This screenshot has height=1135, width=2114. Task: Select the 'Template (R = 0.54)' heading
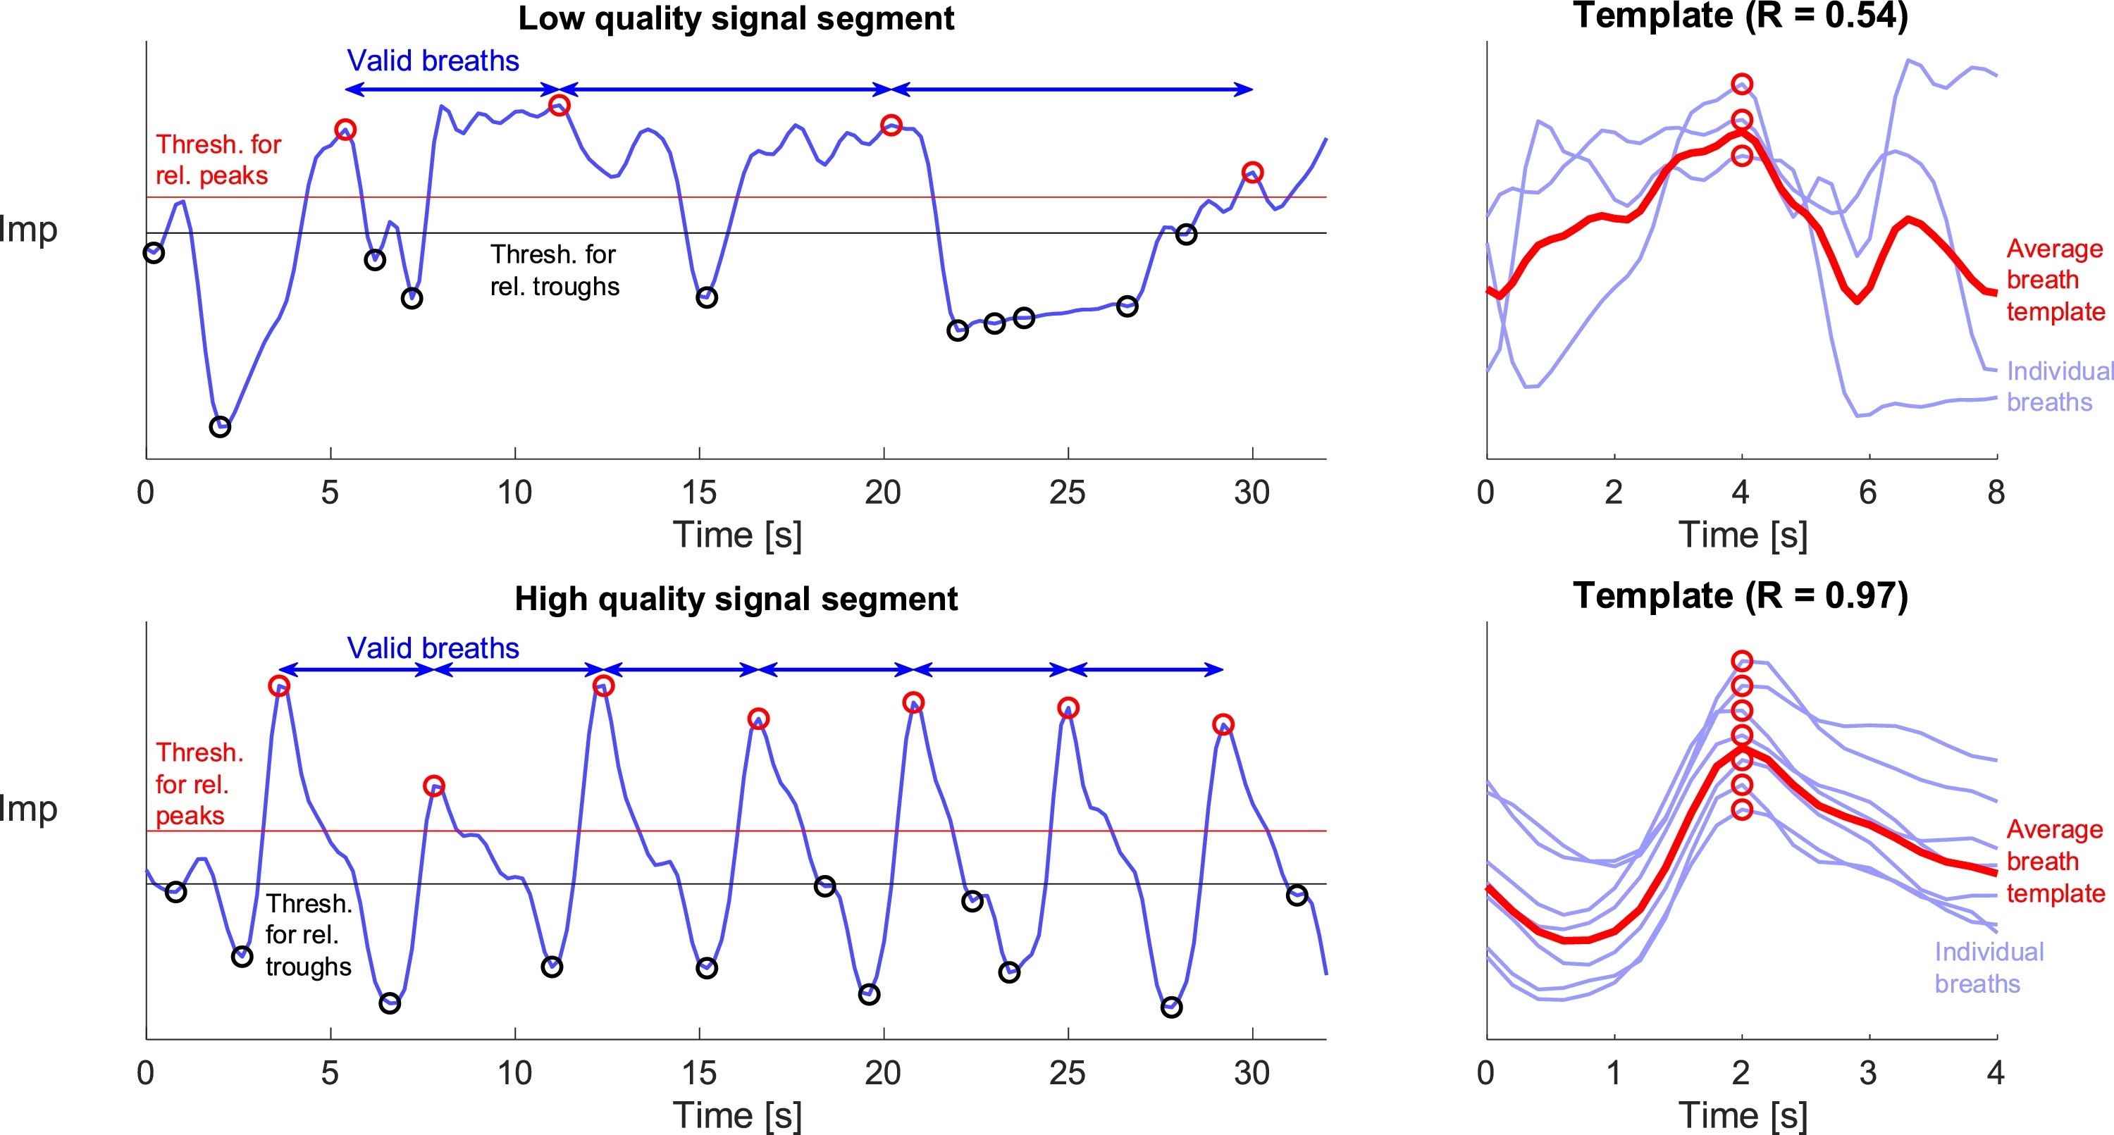pos(1741,15)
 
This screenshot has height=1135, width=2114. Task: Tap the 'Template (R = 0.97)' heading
pos(1741,595)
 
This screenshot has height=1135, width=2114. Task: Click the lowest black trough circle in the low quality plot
pos(220,427)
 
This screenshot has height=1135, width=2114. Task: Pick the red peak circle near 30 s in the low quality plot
pos(1252,173)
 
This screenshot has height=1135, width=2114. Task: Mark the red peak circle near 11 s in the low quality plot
pos(560,105)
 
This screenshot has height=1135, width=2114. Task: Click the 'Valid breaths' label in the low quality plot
pos(433,61)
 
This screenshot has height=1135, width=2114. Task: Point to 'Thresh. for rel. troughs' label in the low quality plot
pos(555,270)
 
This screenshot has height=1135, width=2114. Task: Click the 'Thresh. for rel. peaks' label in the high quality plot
pos(199,783)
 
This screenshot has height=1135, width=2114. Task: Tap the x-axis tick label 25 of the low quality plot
pos(1067,492)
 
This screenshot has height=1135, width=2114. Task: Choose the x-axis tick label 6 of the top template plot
pos(1868,492)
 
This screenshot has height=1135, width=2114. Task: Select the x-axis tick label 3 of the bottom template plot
pos(1868,1072)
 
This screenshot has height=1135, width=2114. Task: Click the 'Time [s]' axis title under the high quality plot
pos(737,1115)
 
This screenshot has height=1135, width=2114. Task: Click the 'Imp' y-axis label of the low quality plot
pos(29,229)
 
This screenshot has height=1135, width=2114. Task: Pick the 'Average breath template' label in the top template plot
pos(2055,280)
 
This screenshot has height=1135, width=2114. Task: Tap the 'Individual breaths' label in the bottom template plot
pos(1988,967)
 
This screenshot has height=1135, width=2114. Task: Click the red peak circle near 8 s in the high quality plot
pos(434,786)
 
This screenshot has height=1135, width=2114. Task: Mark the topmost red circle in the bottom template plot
pos(1742,661)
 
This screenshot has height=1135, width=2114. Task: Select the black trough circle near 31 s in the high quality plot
pos(1297,895)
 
